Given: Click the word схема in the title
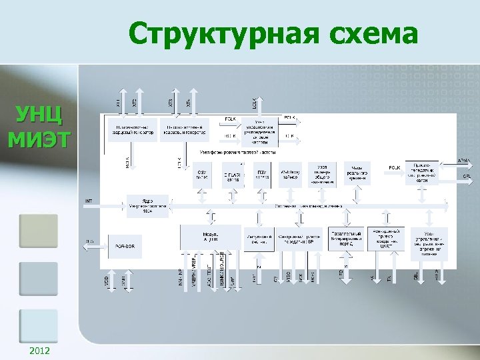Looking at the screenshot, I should [368, 33].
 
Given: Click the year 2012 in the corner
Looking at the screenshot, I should [39, 351].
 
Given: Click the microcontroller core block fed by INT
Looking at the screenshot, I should [147, 205].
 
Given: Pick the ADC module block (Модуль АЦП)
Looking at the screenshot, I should [211, 237].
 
